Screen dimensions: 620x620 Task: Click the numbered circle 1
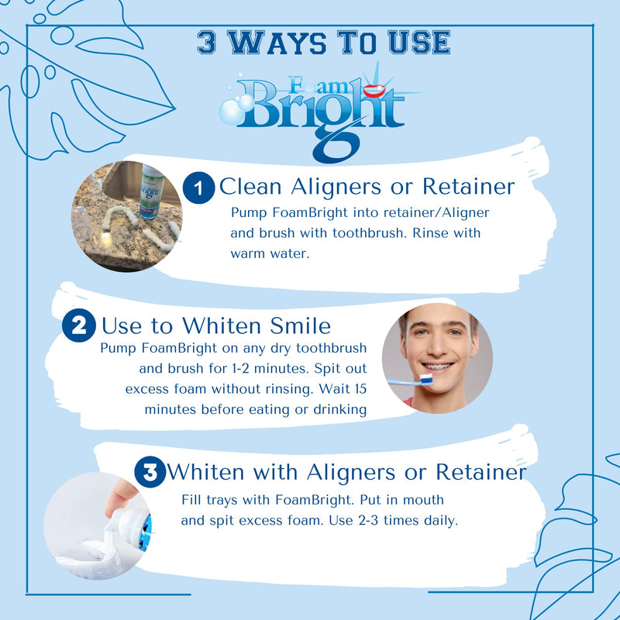tap(198, 187)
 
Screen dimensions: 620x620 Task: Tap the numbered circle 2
tap(78, 325)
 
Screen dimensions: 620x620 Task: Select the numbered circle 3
tap(150, 472)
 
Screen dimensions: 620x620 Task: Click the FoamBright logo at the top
tap(318, 108)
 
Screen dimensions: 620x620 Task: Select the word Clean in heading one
tap(251, 187)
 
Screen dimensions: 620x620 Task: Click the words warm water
tap(269, 253)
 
